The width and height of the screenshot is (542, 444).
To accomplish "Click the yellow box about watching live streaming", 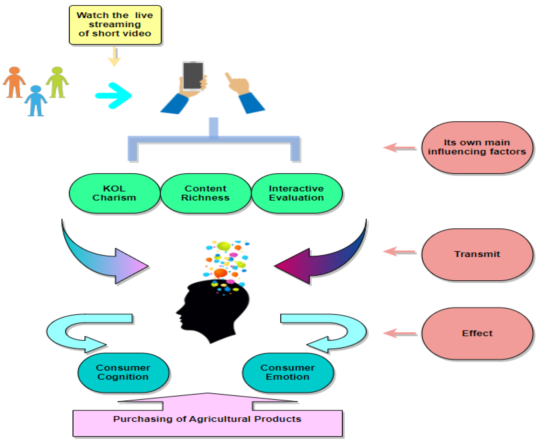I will click(x=115, y=25).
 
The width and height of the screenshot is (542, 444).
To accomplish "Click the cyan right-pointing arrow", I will click(x=114, y=96).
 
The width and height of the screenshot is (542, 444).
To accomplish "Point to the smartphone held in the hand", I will click(x=193, y=76).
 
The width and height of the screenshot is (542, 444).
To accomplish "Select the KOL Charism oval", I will click(x=114, y=193).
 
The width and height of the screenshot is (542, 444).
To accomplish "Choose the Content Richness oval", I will click(x=206, y=193).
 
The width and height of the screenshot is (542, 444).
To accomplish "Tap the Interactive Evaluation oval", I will click(x=297, y=193).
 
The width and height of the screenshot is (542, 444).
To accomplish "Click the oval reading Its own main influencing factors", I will click(x=477, y=148).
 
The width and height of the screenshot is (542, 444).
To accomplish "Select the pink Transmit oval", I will click(x=477, y=255).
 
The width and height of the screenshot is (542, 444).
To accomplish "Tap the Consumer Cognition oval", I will click(x=123, y=373).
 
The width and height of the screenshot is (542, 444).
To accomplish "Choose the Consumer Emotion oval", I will click(x=288, y=373).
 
